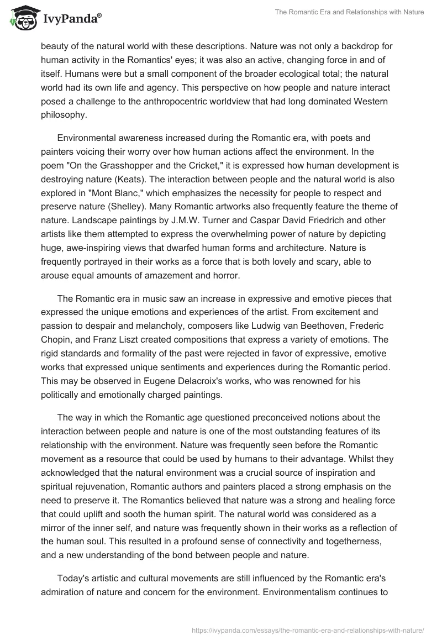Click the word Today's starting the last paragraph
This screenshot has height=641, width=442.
point(74,547)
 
